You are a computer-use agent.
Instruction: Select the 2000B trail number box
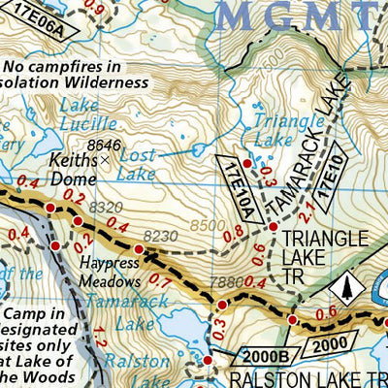(259, 356)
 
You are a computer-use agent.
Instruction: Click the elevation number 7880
(222, 282)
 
